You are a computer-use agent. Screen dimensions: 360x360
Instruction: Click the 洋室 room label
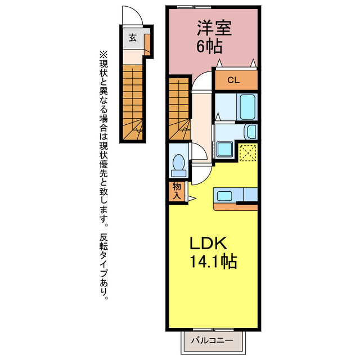pos(214,28)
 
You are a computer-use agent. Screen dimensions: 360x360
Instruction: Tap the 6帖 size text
pos(209,46)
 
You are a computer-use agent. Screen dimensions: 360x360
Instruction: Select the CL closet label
pos(233,80)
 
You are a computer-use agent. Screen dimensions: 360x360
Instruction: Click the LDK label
pos(209,243)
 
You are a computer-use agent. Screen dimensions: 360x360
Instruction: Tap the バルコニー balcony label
pos(212,340)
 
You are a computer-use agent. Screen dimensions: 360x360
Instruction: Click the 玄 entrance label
pos(133,38)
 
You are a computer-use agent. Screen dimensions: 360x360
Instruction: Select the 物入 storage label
pos(177,191)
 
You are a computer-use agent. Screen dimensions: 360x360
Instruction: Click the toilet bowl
pos(178,165)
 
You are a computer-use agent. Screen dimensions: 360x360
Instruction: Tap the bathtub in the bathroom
pos(247,107)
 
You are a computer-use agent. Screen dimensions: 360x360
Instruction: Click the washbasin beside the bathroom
pos(251,132)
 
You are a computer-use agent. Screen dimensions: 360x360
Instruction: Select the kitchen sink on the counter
pos(224,196)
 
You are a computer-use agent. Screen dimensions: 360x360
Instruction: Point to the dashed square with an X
pos(248,152)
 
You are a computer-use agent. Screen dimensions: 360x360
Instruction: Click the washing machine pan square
pos(225,150)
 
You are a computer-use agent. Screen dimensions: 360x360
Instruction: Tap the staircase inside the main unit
pos(179,109)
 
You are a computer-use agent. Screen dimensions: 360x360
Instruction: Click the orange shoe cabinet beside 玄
pos(147,44)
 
